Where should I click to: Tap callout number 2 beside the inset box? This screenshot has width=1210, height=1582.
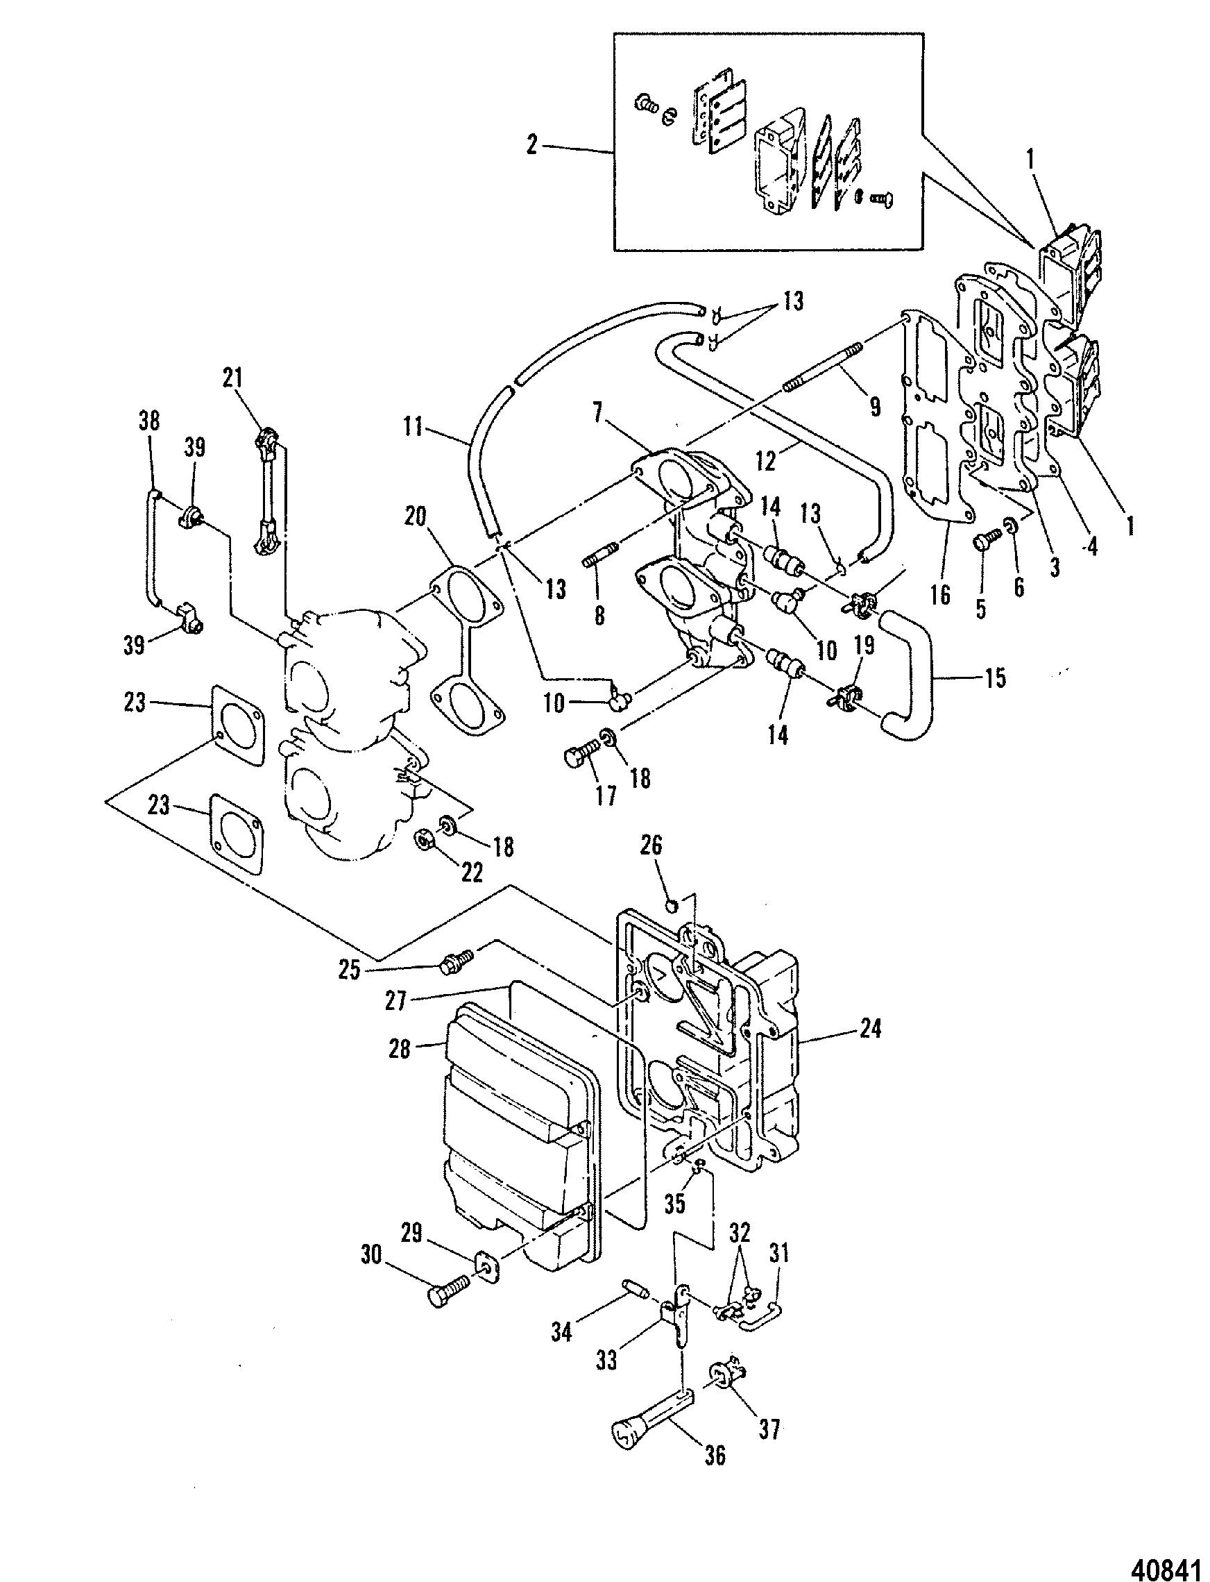pyautogui.click(x=532, y=145)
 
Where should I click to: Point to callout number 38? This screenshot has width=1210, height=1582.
pyautogui.click(x=151, y=421)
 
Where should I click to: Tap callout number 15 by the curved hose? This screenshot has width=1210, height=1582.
pyautogui.click(x=996, y=679)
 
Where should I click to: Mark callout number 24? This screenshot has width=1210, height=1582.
pyautogui.click(x=869, y=1029)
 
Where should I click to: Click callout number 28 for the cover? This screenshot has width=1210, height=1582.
pyautogui.click(x=399, y=1050)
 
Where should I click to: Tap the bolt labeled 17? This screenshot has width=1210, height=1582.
pyautogui.click(x=580, y=756)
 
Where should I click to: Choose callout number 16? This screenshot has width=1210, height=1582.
pyautogui.click(x=940, y=594)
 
